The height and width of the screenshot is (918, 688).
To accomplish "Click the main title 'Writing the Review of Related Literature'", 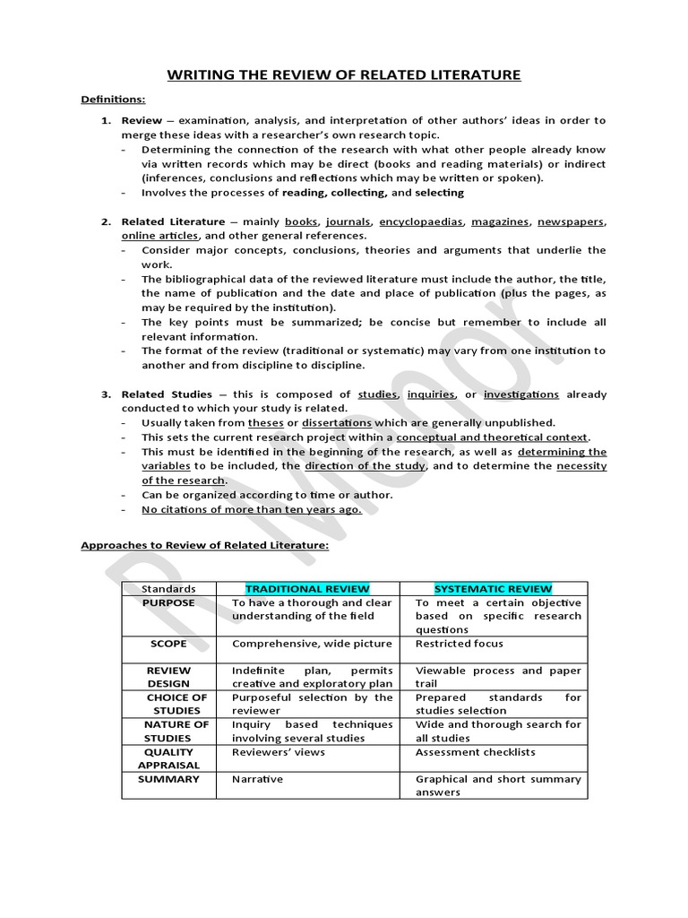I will click(x=343, y=74).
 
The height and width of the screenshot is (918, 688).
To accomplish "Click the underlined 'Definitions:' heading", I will click(x=113, y=100).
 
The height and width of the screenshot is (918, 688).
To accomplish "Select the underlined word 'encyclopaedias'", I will click(x=421, y=221).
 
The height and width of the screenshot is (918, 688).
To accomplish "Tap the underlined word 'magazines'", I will click(x=500, y=221).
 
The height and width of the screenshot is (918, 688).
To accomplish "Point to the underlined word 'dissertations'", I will click(x=337, y=422).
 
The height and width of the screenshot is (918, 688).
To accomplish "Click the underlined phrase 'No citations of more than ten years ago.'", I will click(x=252, y=509).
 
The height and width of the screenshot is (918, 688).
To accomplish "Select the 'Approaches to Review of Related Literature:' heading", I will click(x=204, y=544).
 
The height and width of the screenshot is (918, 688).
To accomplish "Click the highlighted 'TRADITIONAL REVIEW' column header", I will click(x=307, y=589).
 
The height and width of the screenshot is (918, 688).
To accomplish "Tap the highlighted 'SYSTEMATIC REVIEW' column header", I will click(x=493, y=589).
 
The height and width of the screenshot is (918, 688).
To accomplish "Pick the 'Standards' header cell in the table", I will click(x=168, y=589).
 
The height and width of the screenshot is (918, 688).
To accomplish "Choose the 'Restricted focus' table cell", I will click(x=459, y=644).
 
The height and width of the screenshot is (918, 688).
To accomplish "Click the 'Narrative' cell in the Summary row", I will click(x=257, y=779).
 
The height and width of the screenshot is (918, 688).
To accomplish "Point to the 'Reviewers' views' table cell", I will click(x=279, y=752).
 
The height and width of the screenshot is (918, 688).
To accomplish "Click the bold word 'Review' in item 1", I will click(x=142, y=120).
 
